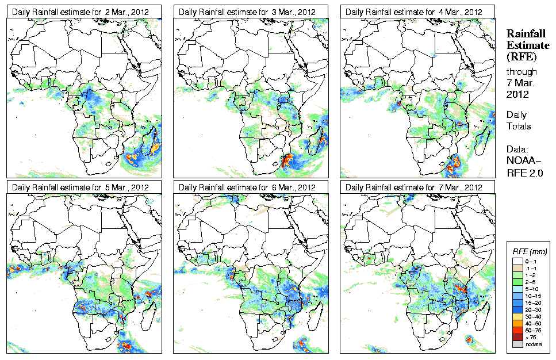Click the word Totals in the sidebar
pyautogui.click(x=519, y=126)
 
